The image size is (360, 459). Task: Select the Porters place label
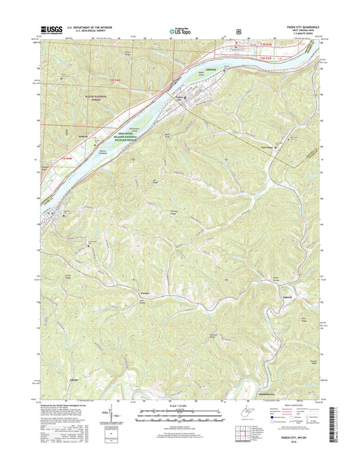tap(143, 292)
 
